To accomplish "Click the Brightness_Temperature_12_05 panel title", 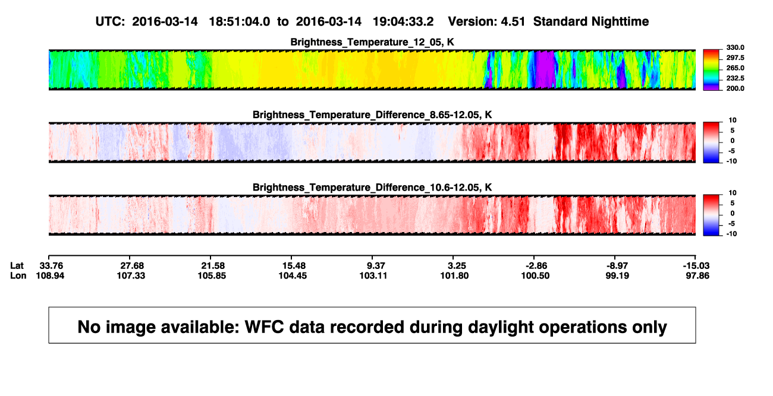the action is click(x=372, y=42).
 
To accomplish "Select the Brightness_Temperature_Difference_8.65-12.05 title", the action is click(x=372, y=115).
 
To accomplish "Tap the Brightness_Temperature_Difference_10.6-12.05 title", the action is click(x=372, y=188).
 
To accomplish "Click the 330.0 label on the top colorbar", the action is click(x=735, y=47).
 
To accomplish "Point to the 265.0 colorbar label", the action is click(x=735, y=68).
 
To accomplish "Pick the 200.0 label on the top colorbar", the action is click(x=735, y=88).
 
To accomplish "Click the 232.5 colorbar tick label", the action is click(x=735, y=78).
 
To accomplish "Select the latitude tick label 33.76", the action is click(x=51, y=266).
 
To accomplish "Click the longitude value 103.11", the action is click(x=373, y=275).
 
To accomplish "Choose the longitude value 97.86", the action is click(x=697, y=275).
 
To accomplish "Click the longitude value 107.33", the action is click(x=131, y=275).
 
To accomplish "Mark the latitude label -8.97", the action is click(x=617, y=266).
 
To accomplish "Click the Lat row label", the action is click(x=17, y=266).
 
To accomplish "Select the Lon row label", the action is click(x=18, y=275).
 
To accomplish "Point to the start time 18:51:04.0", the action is click(x=240, y=22).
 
